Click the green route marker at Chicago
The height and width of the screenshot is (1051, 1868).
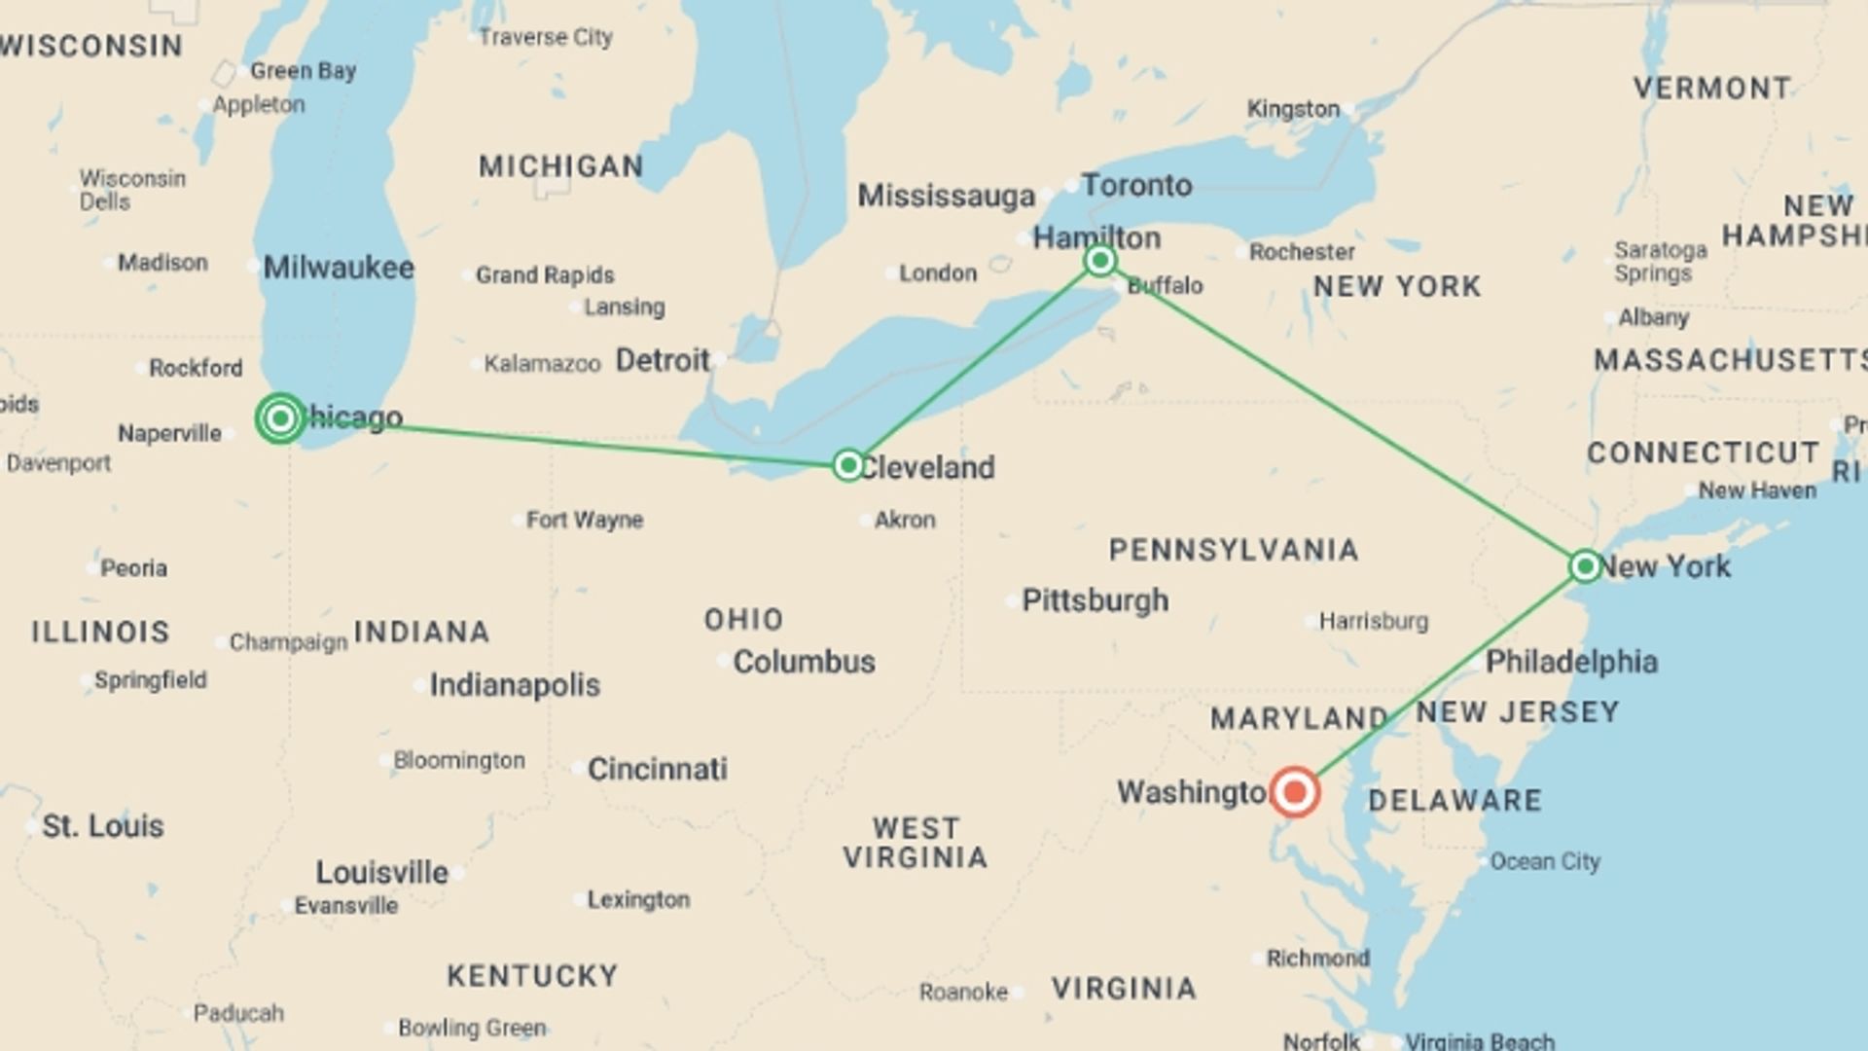point(280,418)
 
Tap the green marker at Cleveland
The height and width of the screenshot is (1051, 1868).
point(848,465)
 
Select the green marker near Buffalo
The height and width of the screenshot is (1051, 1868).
point(1100,260)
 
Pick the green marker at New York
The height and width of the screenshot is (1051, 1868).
point(1585,565)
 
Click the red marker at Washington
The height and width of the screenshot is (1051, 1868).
point(1295,792)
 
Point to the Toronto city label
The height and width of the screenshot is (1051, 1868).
point(1136,185)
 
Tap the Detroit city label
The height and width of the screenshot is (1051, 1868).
point(663,361)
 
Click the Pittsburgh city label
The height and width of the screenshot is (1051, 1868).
point(1095,600)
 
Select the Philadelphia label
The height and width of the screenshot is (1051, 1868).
point(1571,662)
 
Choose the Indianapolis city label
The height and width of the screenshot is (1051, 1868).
point(515,685)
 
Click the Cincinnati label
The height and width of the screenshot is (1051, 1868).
point(657,769)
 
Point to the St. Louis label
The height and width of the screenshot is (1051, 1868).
point(102,826)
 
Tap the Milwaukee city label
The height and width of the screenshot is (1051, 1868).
point(338,268)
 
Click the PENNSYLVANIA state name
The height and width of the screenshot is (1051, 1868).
point(1234,550)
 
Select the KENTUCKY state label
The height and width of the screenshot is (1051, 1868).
point(532,976)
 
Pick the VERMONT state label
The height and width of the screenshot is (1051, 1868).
point(1711,89)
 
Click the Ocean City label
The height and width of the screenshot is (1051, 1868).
point(1545,861)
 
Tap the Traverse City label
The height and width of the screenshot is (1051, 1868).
point(545,37)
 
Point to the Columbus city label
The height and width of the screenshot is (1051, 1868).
point(804,662)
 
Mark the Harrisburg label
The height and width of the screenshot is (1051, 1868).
point(1374,621)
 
